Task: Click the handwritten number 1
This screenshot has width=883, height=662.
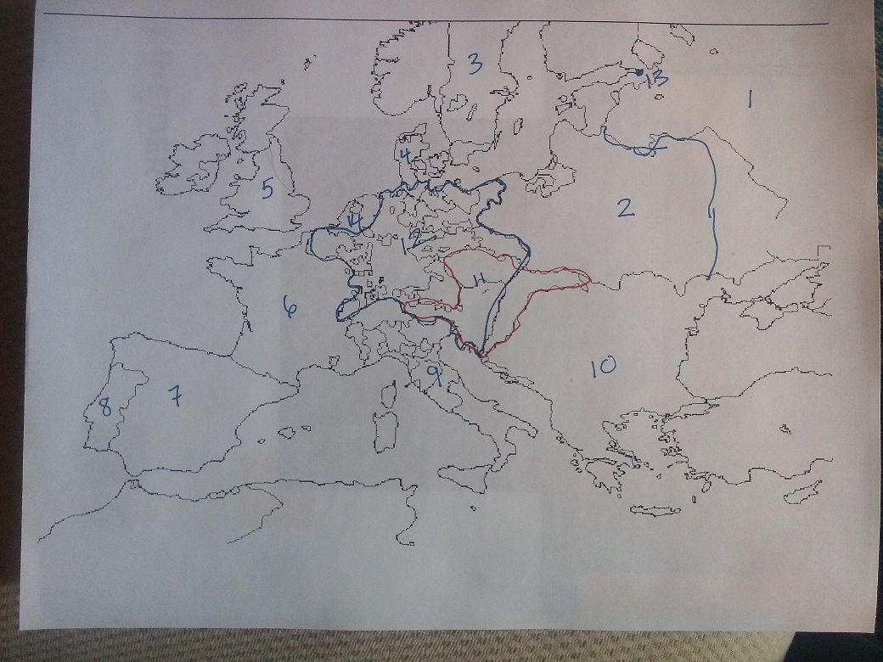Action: click(x=749, y=100)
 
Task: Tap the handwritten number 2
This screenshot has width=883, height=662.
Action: click(x=625, y=207)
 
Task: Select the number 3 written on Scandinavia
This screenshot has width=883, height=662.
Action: click(x=474, y=63)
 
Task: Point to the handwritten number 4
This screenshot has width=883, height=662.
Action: click(x=406, y=155)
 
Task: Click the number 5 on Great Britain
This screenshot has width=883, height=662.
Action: click(x=267, y=188)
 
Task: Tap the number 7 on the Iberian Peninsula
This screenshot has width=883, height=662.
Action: click(x=175, y=396)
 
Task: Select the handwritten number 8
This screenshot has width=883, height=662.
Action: click(x=104, y=407)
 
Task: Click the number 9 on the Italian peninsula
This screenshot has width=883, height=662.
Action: click(x=433, y=373)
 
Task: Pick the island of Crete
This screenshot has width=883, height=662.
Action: click(x=655, y=511)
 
